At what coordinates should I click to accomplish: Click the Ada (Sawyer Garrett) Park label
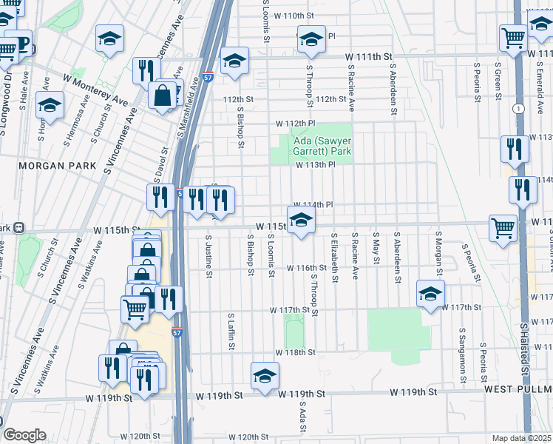click(314, 146)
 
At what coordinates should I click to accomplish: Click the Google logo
click(24, 435)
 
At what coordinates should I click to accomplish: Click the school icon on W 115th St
click(301, 220)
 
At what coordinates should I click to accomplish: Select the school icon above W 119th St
click(265, 375)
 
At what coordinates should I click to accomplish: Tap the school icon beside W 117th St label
click(430, 294)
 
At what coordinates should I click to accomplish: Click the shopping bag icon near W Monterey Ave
click(161, 95)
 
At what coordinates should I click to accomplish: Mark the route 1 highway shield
click(522, 109)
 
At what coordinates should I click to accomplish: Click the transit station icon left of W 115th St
click(19, 226)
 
